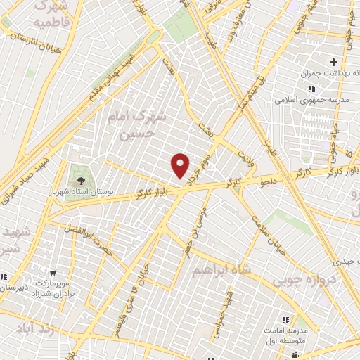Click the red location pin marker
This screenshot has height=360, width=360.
(x=181, y=165)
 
